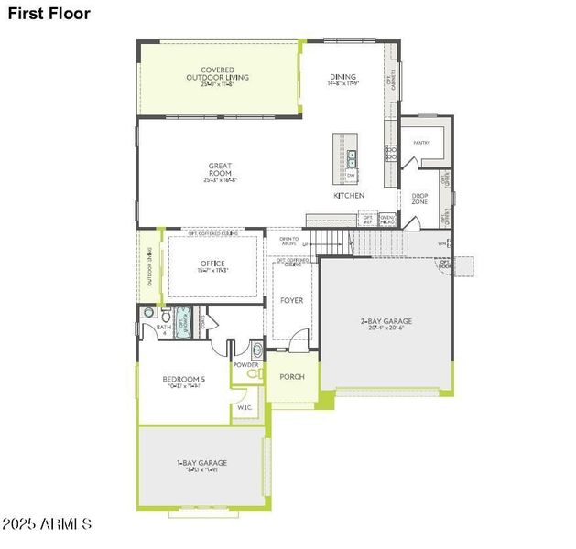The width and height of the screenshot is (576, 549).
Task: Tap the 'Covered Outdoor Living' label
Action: click(217, 73)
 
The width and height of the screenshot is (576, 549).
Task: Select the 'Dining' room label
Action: click(342, 80)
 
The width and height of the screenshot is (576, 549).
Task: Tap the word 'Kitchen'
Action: click(349, 196)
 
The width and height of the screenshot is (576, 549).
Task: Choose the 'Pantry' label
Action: click(421, 143)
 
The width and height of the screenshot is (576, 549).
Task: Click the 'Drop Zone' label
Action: click(419, 199)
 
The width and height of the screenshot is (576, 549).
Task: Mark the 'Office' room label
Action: click(212, 267)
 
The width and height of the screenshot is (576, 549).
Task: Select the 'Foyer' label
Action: click(291, 300)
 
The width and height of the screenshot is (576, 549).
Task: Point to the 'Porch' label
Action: click(291, 377)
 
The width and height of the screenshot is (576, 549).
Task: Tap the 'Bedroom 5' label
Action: click(184, 382)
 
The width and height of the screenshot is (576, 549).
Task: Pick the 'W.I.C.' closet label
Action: click(245, 407)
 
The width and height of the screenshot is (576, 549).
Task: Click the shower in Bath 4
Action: click(183, 320)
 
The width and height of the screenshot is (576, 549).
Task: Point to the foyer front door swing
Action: click(299, 341)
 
